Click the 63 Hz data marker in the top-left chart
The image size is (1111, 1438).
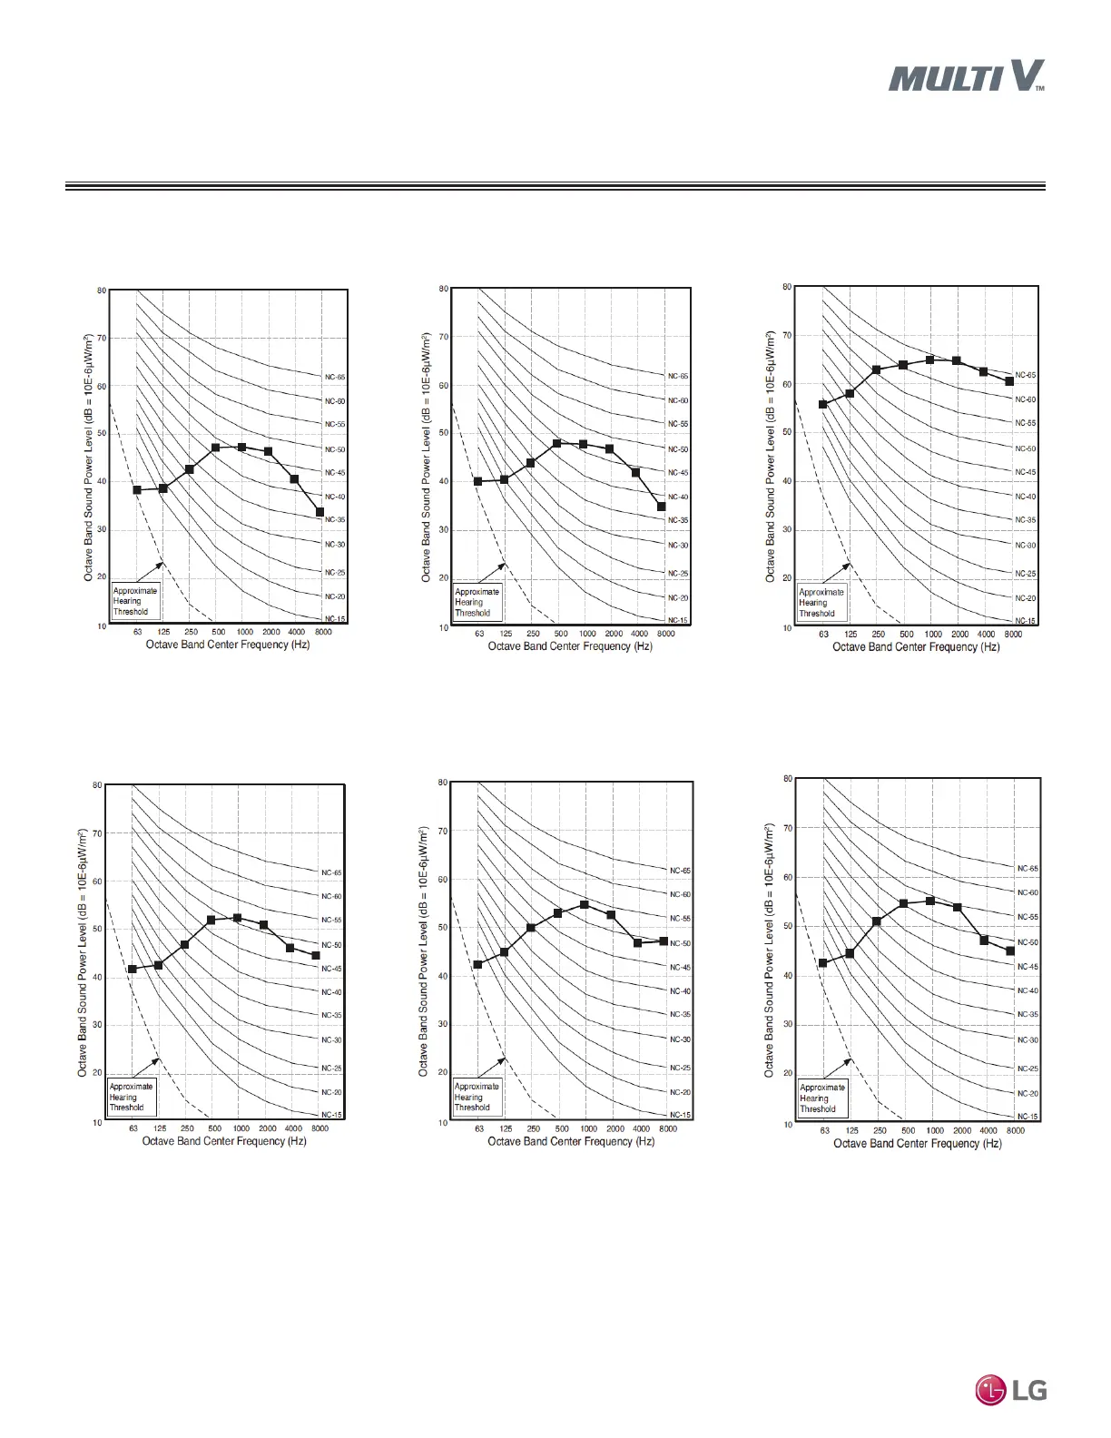click(x=137, y=490)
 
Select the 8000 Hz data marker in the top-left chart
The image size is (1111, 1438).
click(x=320, y=512)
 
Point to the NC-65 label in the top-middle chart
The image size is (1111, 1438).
click(x=678, y=376)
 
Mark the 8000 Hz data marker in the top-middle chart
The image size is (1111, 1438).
click(x=662, y=507)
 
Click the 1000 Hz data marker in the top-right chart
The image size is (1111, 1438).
click(x=929, y=359)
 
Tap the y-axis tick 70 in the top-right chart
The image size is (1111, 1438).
click(x=786, y=336)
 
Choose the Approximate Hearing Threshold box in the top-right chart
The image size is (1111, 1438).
click(x=821, y=603)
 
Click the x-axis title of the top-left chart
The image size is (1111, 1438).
click(x=228, y=645)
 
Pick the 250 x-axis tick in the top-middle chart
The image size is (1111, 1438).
click(x=534, y=634)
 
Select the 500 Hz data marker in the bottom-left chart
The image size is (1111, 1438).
click(x=211, y=920)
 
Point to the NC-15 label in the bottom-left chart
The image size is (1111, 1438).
click(x=331, y=1115)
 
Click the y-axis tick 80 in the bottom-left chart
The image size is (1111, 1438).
click(x=96, y=784)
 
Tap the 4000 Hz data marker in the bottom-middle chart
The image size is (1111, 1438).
click(x=637, y=943)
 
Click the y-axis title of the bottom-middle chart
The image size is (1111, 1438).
click(x=423, y=951)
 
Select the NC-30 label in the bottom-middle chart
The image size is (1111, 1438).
click(x=680, y=1039)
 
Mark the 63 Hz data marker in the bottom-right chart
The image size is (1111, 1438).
click(x=823, y=963)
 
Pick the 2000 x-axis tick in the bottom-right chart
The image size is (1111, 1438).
click(x=962, y=1130)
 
